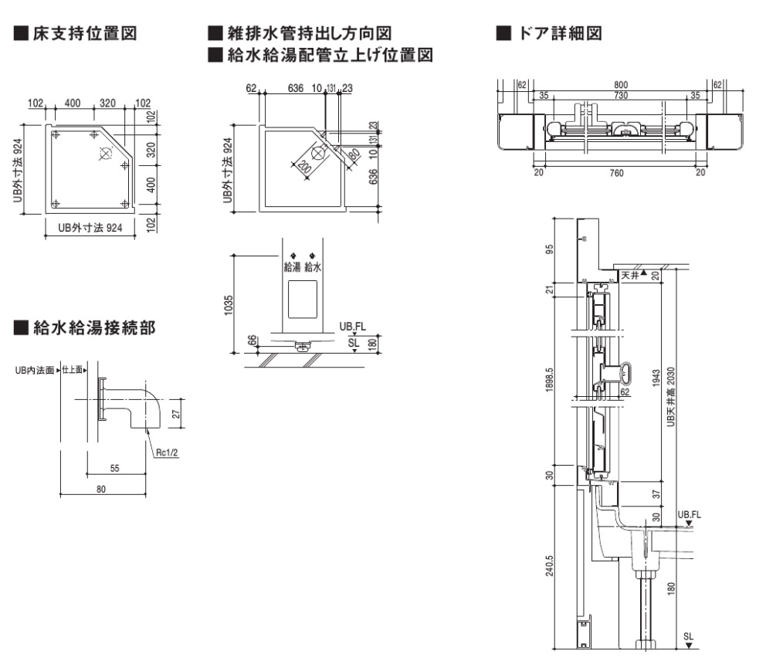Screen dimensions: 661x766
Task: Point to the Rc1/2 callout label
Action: coord(167,453)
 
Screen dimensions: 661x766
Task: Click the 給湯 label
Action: coord(292,267)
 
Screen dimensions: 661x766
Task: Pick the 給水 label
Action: coord(312,267)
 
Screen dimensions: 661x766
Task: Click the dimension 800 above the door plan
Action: coord(620,84)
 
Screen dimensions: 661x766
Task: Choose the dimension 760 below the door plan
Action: coord(616,173)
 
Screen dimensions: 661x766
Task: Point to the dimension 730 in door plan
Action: coord(620,95)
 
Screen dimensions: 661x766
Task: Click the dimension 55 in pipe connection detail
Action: coord(114,468)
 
